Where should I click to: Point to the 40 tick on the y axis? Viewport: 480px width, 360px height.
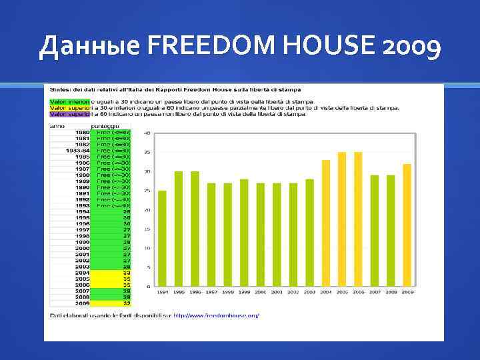tap(147, 133)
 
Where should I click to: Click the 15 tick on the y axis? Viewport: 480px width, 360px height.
tap(147, 229)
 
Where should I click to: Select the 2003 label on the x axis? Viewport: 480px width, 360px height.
tap(309, 292)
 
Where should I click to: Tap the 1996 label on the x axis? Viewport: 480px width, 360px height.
tap(195, 292)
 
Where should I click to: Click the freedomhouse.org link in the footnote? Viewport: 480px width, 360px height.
tap(216, 315)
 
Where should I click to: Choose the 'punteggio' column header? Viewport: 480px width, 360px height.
tap(105, 125)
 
